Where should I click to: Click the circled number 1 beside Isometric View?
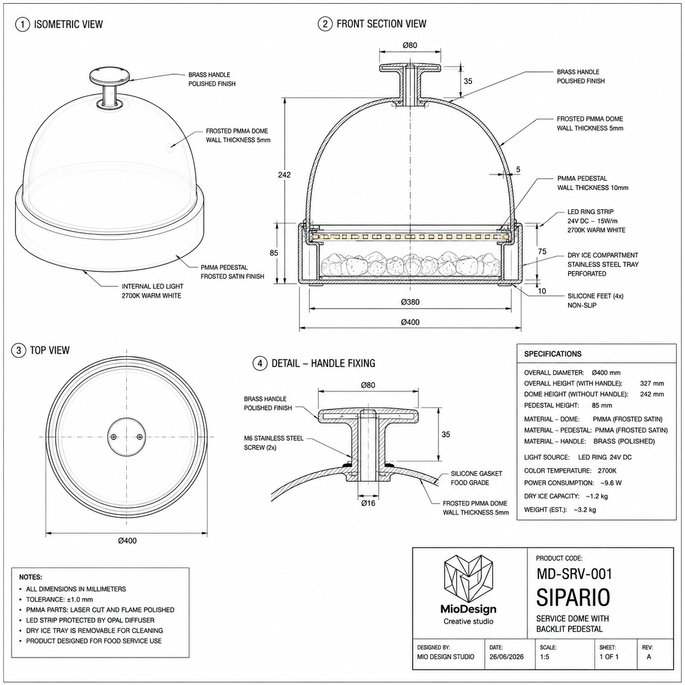pos(22,25)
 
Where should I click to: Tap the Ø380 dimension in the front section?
pos(410,302)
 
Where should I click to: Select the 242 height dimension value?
pos(285,175)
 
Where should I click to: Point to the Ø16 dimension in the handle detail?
pos(368,503)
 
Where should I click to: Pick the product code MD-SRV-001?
pos(574,574)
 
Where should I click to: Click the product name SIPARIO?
pos(573,598)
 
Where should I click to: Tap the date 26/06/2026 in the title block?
pos(506,657)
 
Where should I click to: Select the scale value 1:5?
pos(545,657)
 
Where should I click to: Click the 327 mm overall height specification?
pos(652,383)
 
